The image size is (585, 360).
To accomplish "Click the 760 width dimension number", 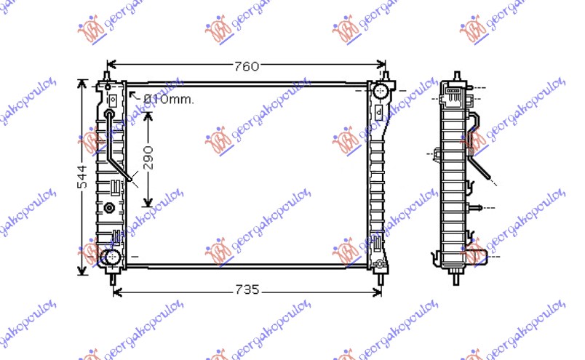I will coord(247,67).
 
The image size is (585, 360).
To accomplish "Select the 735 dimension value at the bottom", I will coord(247,290).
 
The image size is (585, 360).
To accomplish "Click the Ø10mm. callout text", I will coord(168,100).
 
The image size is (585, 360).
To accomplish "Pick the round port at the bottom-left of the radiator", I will coord(111,257).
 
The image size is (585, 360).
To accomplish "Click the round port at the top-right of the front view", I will coord(380,92).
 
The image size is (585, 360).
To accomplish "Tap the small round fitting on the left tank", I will coord(110,208).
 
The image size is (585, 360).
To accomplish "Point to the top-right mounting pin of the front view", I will coord(385,76).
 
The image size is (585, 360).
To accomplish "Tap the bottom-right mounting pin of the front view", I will coord(381,276).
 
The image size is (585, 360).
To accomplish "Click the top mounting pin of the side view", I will coord(456,76).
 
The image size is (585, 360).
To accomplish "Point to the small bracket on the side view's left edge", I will coord(436,154).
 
